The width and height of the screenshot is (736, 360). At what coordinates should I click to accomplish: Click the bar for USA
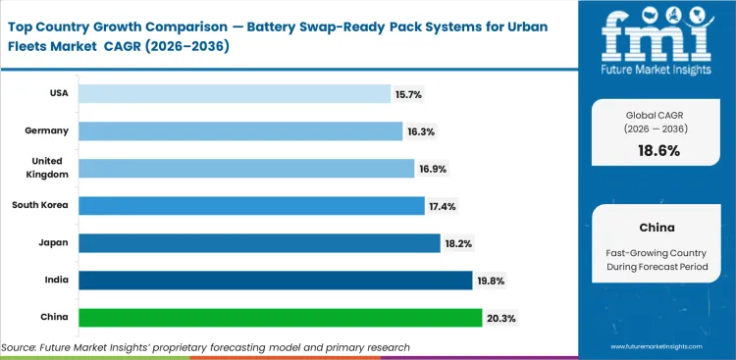pos(236,93)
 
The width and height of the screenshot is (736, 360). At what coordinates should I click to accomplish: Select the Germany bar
pos(240,130)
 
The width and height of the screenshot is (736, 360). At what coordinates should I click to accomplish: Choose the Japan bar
pos(259,242)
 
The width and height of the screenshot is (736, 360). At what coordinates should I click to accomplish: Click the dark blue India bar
pos(275,281)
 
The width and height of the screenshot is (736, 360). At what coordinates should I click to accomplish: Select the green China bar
pos(280,318)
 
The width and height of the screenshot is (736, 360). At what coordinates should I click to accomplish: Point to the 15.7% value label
pos(409,93)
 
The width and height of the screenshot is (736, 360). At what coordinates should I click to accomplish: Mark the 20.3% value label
pos(500,318)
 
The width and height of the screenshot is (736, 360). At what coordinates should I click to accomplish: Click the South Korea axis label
pos(38,205)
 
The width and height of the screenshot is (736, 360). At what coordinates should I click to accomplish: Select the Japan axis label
pos(53,242)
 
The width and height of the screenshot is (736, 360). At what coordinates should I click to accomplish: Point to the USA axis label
pos(57,93)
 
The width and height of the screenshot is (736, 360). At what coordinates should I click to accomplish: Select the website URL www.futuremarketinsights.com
pos(658,346)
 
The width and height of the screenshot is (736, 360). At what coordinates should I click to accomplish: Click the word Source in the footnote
pos(21,347)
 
